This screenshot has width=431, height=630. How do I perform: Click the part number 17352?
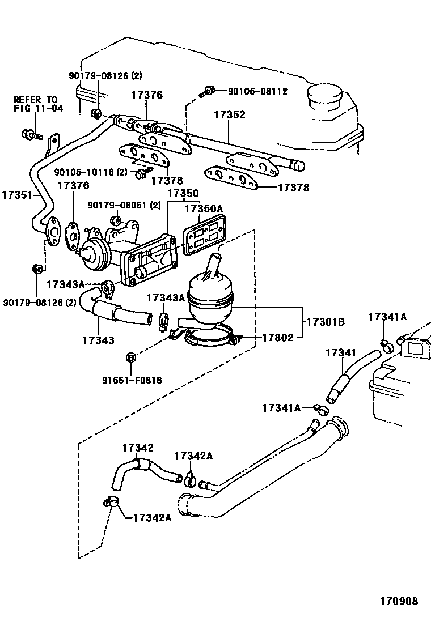pyautogui.click(x=229, y=115)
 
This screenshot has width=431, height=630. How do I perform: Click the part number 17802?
pyautogui.click(x=277, y=338)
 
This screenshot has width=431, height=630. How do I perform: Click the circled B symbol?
pyautogui.click(x=130, y=357)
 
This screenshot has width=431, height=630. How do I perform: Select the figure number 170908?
pyautogui.click(x=399, y=601)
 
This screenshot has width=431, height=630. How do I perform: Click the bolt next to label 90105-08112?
pyautogui.click(x=209, y=91)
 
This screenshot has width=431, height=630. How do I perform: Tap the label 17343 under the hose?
pyautogui.click(x=98, y=340)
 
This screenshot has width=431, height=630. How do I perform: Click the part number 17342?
pyautogui.click(x=138, y=448)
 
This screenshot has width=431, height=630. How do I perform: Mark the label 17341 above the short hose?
pyautogui.click(x=340, y=353)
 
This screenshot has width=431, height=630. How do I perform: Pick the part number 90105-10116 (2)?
pyautogui.click(x=91, y=172)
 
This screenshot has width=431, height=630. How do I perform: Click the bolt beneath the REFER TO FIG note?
pyautogui.click(x=31, y=134)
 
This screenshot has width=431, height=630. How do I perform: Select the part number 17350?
pyautogui.click(x=183, y=193)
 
